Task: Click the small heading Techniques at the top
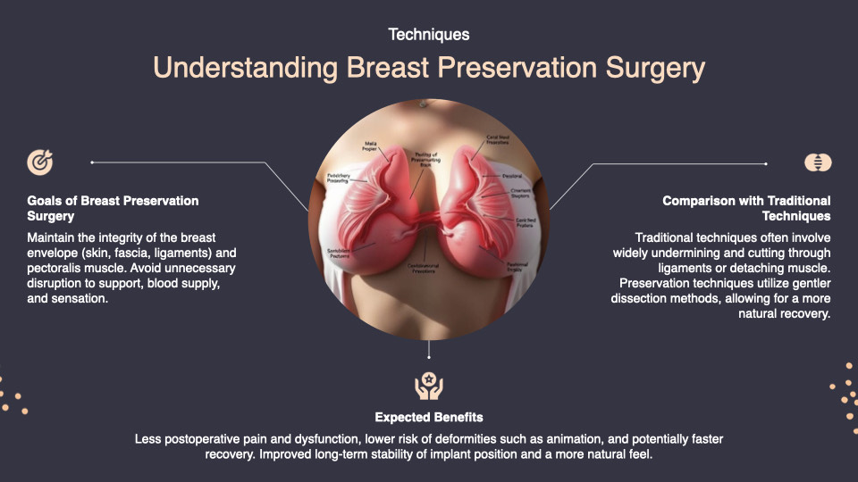(429, 35)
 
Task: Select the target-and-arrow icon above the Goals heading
(40, 162)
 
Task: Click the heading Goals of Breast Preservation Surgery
(113, 208)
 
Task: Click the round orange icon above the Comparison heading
(817, 162)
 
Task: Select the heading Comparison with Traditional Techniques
(746, 208)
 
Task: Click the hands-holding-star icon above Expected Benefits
(429, 386)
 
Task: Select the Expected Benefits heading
(429, 417)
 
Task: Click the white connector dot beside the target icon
(92, 162)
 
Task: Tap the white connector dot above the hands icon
(429, 342)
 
